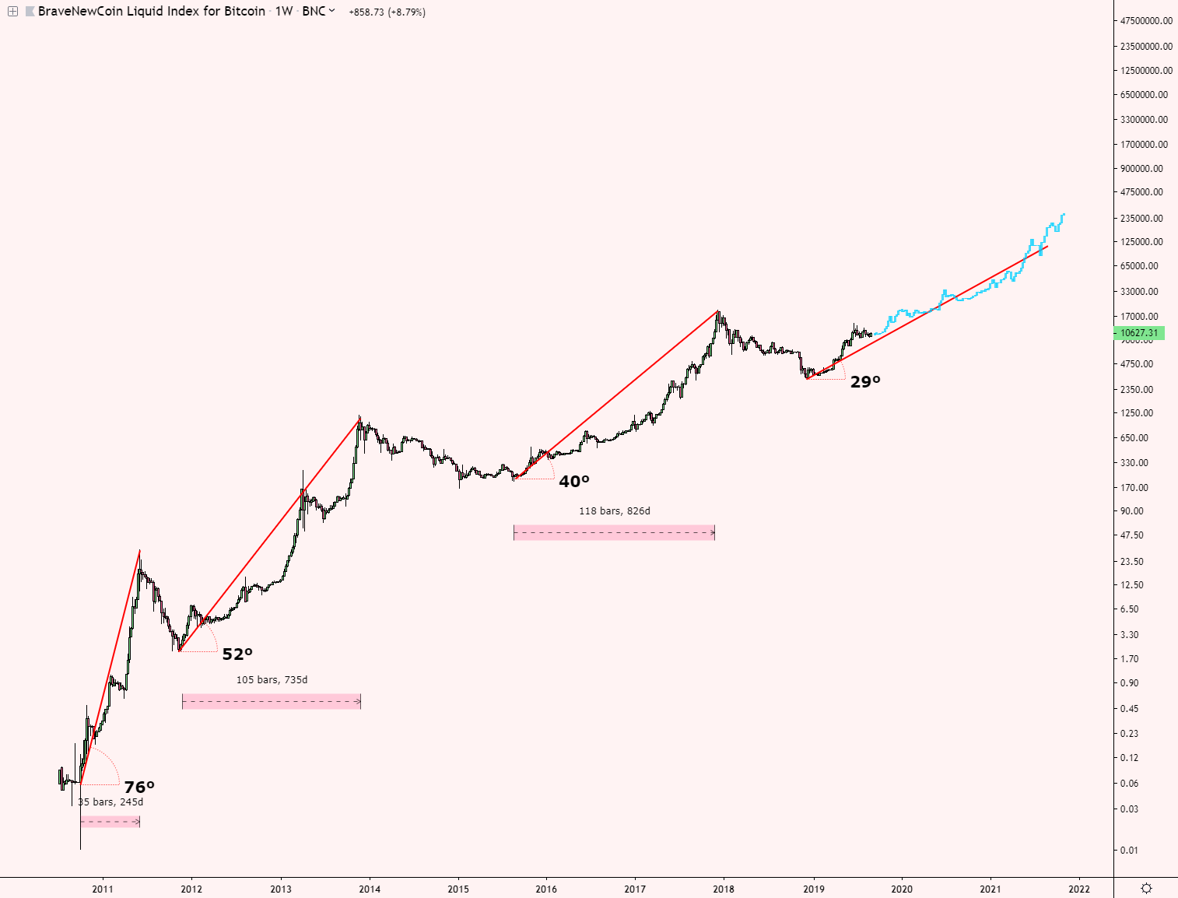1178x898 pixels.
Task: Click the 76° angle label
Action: pyautogui.click(x=139, y=788)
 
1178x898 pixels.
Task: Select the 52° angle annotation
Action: pyautogui.click(x=237, y=654)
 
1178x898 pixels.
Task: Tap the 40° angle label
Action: pyautogui.click(x=574, y=482)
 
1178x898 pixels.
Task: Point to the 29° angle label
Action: pyautogui.click(x=865, y=382)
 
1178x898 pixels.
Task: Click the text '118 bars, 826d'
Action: pyautogui.click(x=614, y=511)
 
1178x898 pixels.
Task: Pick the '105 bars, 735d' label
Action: pyautogui.click(x=272, y=680)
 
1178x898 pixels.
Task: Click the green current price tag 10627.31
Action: pyautogui.click(x=1139, y=333)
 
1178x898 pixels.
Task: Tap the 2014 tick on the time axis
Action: pyautogui.click(x=370, y=889)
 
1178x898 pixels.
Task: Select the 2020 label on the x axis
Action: pyautogui.click(x=902, y=889)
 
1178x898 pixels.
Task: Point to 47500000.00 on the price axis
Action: pyautogui.click(x=1145, y=21)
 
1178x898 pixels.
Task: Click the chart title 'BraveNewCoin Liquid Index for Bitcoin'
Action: pyautogui.click(x=152, y=12)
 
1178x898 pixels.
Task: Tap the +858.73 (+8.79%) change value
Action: pyautogui.click(x=387, y=12)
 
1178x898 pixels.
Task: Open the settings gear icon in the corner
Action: pyautogui.click(x=1146, y=888)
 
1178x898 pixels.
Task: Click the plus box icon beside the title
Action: pyautogui.click(x=12, y=12)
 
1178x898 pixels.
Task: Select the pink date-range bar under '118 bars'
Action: pyautogui.click(x=614, y=533)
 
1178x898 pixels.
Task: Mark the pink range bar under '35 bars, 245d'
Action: pyautogui.click(x=110, y=822)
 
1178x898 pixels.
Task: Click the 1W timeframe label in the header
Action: pyautogui.click(x=283, y=12)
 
